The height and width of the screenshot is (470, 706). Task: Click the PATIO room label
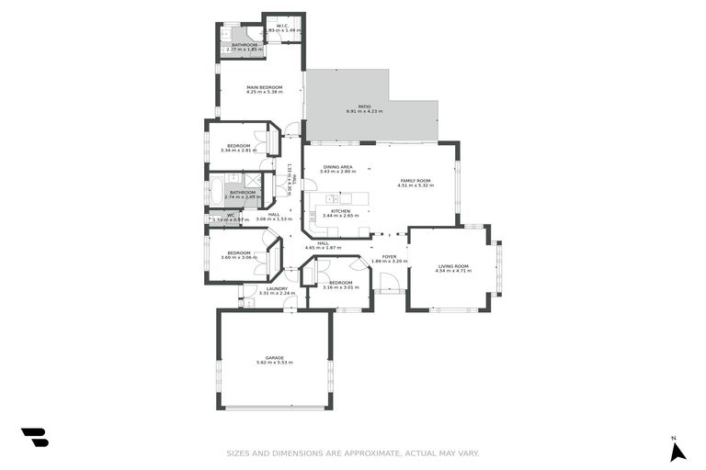pos(365,106)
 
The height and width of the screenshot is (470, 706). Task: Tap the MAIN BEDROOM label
pos(264,87)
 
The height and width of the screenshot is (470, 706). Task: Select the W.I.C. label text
pos(283,26)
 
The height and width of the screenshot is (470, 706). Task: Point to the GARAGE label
pos(275,358)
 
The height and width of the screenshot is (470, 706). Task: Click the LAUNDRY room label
pos(278,288)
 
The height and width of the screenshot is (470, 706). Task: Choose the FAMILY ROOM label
pos(415,181)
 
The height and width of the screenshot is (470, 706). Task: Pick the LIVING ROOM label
pos(453,266)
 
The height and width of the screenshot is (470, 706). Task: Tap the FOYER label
pos(389,257)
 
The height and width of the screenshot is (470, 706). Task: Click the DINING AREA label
pos(337,167)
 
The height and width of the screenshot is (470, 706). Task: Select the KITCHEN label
pos(341,211)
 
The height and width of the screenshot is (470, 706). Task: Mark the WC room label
pos(231,216)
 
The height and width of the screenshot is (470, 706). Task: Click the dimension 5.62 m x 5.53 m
pos(275,364)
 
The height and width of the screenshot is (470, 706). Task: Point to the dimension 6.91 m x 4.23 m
pos(365,111)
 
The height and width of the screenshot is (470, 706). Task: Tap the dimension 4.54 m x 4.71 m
pos(453,271)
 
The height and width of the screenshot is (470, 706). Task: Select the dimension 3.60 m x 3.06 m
pos(239,258)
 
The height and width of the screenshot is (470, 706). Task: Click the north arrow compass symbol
pos(678,451)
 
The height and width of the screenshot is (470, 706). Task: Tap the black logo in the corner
pos(35,438)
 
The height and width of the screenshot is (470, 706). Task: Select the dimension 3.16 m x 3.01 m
pos(340,287)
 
